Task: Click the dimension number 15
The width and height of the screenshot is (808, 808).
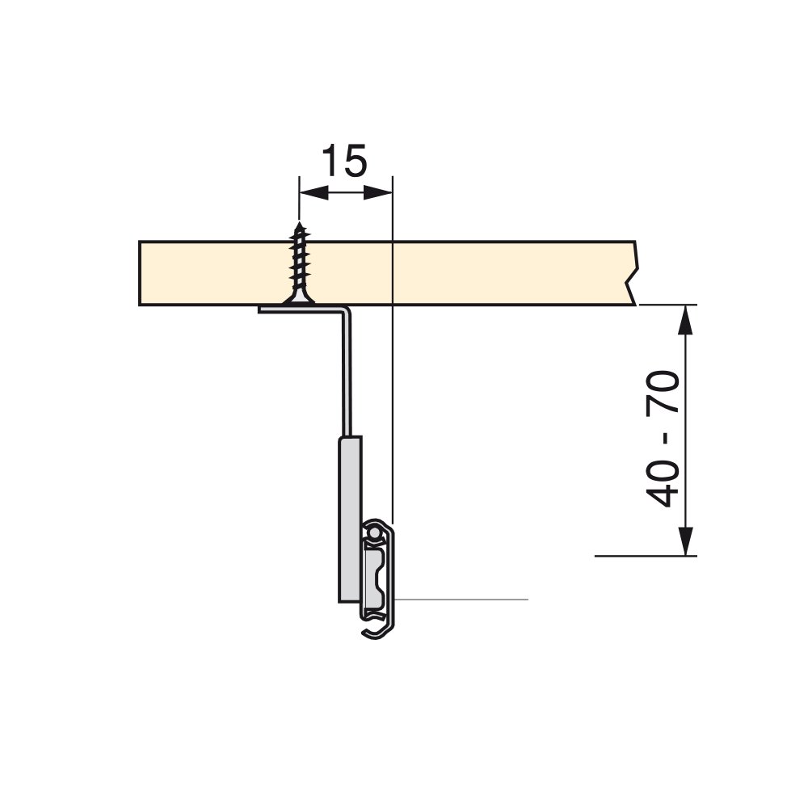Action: click(344, 161)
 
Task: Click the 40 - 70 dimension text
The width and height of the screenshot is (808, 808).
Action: click(663, 439)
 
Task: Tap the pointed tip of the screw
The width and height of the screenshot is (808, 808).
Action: click(300, 224)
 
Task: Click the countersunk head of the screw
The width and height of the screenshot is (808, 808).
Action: click(299, 299)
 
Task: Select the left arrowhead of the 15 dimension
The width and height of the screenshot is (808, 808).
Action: click(314, 193)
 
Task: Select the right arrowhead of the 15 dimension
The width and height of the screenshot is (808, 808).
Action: click(378, 193)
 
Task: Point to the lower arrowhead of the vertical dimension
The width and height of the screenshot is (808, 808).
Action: click(685, 541)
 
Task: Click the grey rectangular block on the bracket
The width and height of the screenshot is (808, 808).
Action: click(350, 519)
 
